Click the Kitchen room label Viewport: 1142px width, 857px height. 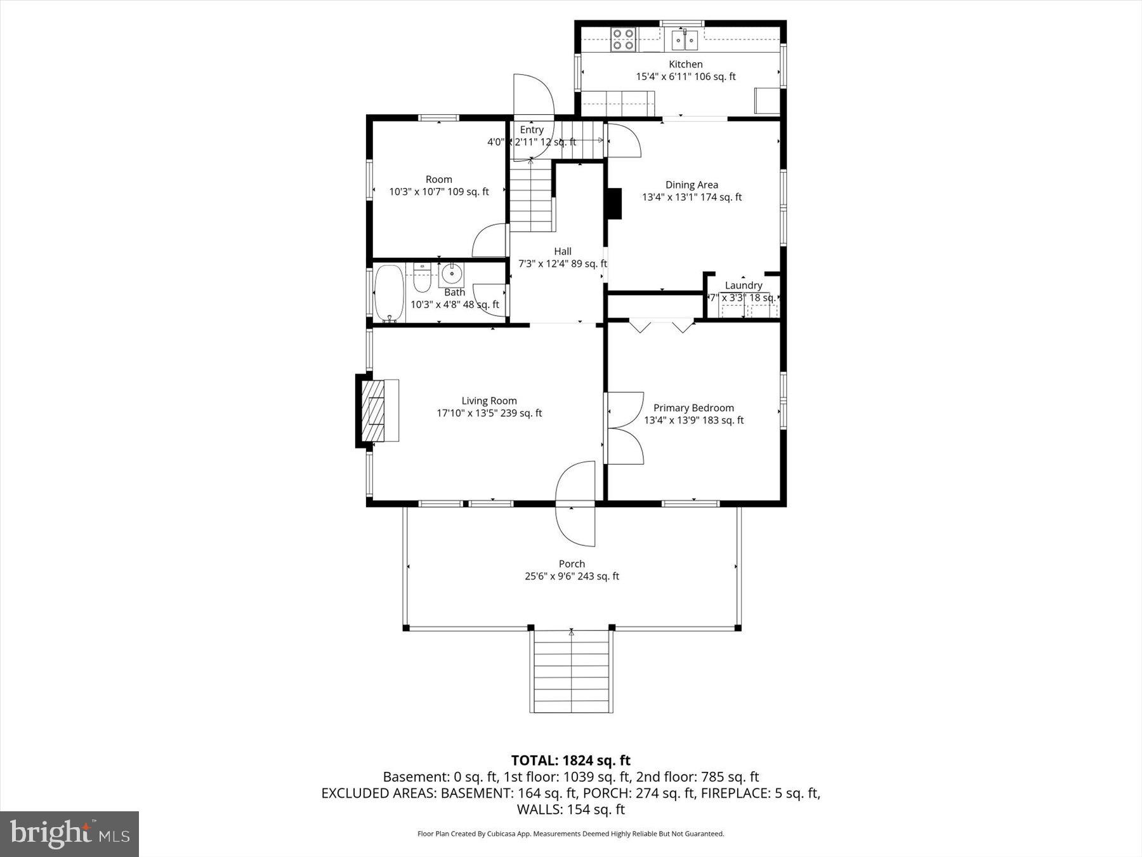click(685, 64)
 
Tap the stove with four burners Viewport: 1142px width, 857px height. click(622, 39)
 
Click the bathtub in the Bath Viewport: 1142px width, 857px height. click(389, 293)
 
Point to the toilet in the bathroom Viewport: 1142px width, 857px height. click(422, 277)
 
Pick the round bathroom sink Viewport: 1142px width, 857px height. click(451, 275)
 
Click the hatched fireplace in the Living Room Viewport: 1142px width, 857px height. click(373, 411)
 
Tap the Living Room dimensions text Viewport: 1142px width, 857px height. click(489, 413)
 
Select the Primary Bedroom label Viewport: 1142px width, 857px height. click(693, 408)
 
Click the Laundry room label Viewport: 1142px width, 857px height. click(743, 286)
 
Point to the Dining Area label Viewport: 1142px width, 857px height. click(692, 185)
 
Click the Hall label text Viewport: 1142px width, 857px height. click(562, 251)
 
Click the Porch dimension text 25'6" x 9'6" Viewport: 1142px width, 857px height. click(571, 576)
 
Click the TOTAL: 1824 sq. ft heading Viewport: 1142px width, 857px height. click(570, 760)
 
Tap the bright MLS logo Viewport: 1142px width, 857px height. click(69, 834)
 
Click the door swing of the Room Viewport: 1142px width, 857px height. click(490, 241)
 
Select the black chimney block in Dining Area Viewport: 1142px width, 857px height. click(614, 204)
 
